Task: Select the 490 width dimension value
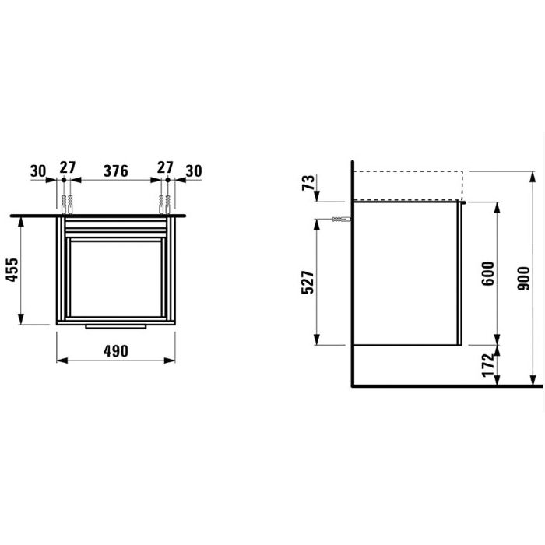click(115, 350)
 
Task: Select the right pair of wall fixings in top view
click(166, 205)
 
